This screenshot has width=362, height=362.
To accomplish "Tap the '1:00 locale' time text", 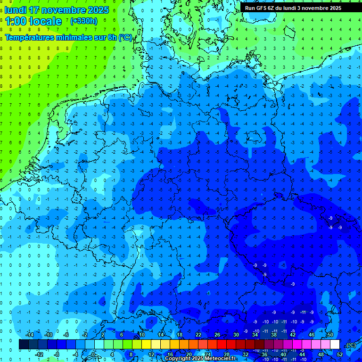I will click(x=33, y=22).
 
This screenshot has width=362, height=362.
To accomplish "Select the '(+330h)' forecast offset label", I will click(x=83, y=21).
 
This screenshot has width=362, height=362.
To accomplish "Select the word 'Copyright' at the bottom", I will click(x=177, y=359).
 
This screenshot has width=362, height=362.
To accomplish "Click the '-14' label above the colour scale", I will click(x=29, y=335).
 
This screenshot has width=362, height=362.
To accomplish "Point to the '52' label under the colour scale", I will click(x=339, y=354).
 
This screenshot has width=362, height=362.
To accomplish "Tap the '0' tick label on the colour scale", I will click(x=93, y=354).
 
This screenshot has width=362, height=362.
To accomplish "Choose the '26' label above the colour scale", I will click(x=217, y=335).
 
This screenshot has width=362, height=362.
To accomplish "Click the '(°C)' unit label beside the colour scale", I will click(x=351, y=345).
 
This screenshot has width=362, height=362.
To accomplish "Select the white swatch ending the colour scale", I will click(x=335, y=345).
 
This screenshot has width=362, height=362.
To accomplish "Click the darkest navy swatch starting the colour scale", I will click(x=24, y=345).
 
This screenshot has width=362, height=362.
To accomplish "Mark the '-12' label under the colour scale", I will click(x=39, y=354).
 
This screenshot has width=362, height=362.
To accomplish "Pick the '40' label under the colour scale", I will click(x=283, y=354).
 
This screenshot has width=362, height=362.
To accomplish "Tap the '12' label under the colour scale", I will click(x=151, y=354).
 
